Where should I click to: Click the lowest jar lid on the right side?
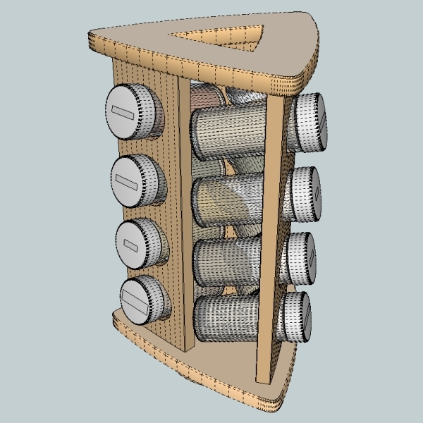pyautogui.click(x=296, y=317)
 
